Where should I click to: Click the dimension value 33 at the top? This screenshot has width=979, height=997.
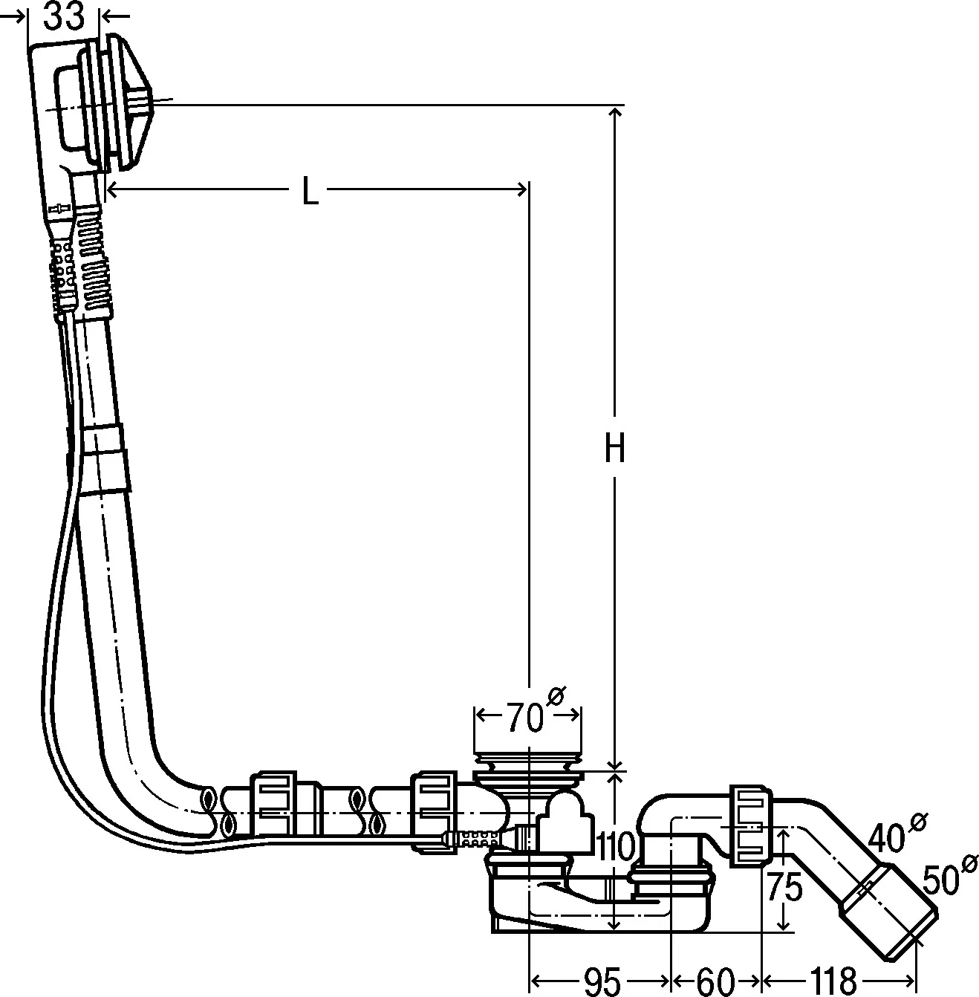tap(64, 16)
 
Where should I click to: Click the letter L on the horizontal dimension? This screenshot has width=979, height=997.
tap(310, 191)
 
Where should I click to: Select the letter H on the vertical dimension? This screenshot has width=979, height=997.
tap(615, 447)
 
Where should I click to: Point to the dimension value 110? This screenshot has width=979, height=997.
tap(616, 846)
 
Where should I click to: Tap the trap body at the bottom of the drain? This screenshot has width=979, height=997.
tap(600, 900)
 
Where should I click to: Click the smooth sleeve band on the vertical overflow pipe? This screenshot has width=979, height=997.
tap(105, 459)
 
